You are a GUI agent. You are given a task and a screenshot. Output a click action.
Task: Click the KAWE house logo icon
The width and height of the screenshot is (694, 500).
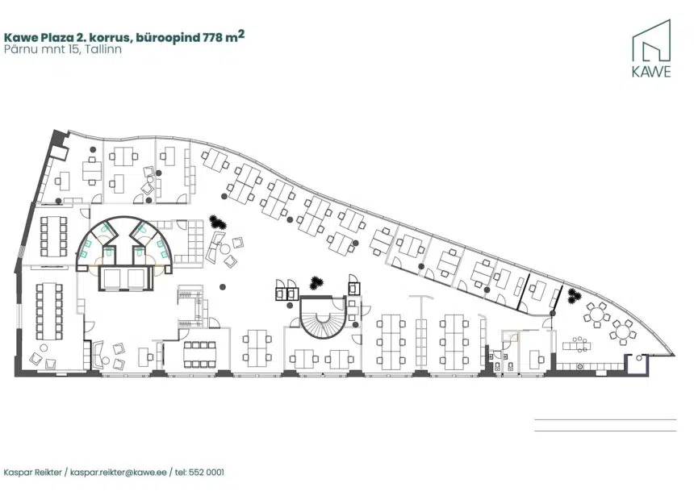coord(651,40)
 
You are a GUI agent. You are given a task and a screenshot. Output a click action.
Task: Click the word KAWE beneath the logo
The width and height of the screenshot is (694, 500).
coord(651,72)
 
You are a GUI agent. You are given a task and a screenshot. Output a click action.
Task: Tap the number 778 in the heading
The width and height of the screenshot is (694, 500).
coord(212,37)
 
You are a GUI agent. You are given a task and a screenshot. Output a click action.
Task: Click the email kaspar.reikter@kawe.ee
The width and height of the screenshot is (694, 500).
coord(119,472)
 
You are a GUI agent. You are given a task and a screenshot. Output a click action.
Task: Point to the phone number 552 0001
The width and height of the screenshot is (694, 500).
coord(207,472)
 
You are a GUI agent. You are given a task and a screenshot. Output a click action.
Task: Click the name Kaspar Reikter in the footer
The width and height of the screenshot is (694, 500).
coord(33,472)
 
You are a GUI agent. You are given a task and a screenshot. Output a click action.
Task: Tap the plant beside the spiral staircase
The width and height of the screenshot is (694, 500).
coord(316,282)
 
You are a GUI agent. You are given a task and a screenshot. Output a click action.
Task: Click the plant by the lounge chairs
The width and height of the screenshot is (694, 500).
coord(218,222)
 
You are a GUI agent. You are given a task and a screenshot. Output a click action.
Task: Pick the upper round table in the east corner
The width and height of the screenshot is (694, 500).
coord(596,315)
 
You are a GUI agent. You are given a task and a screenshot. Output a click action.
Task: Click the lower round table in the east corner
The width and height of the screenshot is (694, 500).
coord(623,331)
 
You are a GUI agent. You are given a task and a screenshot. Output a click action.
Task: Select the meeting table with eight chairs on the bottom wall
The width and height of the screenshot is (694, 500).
coord(199,354)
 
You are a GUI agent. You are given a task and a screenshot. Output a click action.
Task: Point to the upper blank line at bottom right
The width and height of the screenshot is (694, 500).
coord(605,419)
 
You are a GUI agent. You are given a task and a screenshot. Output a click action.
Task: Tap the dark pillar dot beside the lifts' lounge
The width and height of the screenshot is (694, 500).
coord(223,287)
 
